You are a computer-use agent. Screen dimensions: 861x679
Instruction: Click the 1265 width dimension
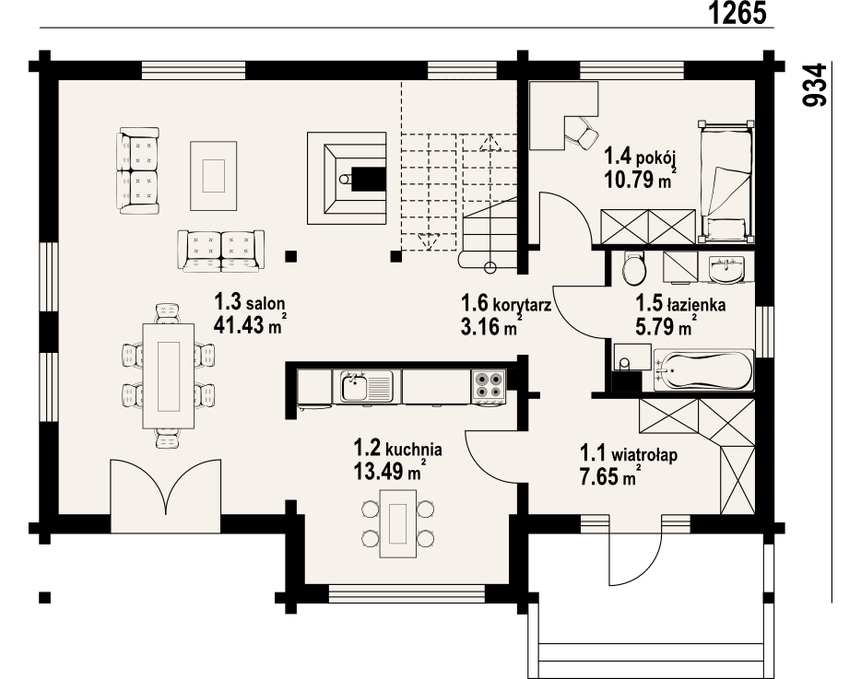(x=737, y=13)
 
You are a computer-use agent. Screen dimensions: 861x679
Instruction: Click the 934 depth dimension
(x=814, y=85)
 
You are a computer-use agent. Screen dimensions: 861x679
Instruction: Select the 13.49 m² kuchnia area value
(x=390, y=471)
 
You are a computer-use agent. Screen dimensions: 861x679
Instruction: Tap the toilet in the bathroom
(x=634, y=268)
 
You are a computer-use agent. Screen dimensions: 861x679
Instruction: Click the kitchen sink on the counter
(x=362, y=386)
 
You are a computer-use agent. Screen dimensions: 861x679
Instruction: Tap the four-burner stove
(x=489, y=385)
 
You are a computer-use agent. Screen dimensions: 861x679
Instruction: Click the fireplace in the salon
(x=346, y=178)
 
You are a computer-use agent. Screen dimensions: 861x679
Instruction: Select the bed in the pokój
(x=725, y=181)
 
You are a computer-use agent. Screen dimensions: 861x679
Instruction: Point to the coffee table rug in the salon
(x=214, y=176)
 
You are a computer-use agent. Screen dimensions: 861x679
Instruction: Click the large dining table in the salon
(x=169, y=376)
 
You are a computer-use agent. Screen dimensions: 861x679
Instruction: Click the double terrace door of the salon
(x=166, y=487)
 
